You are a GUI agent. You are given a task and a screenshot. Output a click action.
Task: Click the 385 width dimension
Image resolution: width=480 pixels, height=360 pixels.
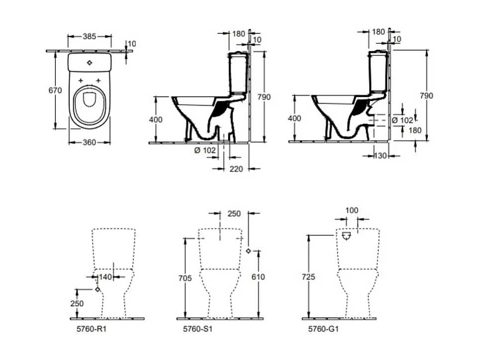pyautogui.click(x=90, y=36)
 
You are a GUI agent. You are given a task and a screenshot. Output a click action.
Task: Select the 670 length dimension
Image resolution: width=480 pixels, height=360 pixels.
pyautogui.click(x=55, y=90)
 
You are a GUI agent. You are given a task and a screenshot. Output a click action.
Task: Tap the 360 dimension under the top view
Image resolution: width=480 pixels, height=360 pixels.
pyautogui.click(x=89, y=142)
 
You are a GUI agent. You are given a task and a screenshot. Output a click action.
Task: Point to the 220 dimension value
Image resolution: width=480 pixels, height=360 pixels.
pyautogui.click(x=236, y=169)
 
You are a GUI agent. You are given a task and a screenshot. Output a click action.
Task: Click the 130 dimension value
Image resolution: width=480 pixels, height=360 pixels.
pyautogui.click(x=381, y=156)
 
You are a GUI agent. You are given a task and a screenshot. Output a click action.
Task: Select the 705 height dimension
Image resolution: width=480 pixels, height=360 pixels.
pyautogui.click(x=185, y=278)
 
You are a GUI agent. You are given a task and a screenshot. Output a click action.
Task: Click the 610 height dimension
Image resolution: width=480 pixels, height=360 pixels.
pyautogui.click(x=258, y=277)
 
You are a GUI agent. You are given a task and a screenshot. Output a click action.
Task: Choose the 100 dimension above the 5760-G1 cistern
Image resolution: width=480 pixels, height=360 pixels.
pyautogui.click(x=351, y=211)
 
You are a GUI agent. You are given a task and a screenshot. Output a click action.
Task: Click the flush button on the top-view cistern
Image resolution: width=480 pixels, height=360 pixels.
pyautogui.click(x=90, y=63)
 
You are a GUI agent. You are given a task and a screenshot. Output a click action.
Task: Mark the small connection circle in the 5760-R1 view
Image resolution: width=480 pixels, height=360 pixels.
pyautogui.click(x=97, y=289)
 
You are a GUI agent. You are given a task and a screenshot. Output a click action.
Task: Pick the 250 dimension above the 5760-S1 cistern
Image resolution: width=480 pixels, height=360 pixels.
pyautogui.click(x=234, y=214)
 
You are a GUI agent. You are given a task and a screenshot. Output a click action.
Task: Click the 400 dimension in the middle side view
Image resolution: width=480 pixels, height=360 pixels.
pyautogui.click(x=155, y=119)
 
